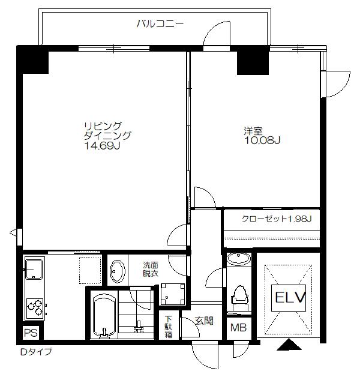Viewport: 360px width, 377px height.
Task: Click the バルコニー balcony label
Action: [160, 24]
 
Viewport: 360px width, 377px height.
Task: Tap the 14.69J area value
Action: [102, 146]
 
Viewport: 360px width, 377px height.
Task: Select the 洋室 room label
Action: [253, 131]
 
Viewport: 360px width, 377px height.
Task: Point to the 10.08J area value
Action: [262, 140]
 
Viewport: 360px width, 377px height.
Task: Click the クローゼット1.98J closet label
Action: [277, 219]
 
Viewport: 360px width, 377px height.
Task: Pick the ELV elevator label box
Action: [289, 298]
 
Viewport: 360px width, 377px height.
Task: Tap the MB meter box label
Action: [238, 327]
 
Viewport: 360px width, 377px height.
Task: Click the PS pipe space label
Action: [31, 333]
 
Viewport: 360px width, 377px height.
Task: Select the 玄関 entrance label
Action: [204, 321]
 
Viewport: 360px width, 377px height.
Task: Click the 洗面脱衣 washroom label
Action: [151, 270]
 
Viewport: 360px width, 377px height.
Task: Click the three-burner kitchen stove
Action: [35, 309]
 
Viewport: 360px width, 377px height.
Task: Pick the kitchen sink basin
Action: [34, 269]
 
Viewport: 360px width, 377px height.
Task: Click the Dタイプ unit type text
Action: [36, 352]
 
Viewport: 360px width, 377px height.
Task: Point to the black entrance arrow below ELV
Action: [289, 345]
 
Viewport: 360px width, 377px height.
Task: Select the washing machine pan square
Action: [173, 294]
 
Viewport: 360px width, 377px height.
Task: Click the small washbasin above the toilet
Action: [239, 259]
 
